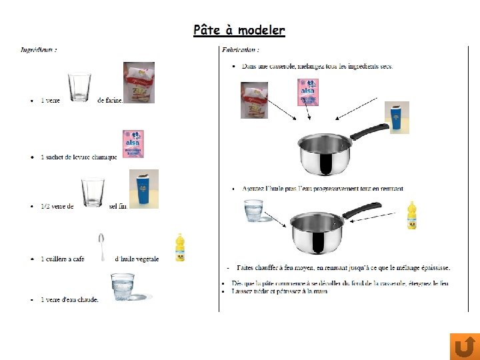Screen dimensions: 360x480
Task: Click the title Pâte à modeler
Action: (x=239, y=31)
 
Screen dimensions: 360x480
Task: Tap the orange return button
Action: (x=465, y=346)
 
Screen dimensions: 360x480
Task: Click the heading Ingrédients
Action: (x=39, y=49)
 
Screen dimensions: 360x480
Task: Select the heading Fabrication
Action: (x=240, y=49)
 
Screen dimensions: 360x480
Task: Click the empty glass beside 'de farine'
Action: (x=79, y=87)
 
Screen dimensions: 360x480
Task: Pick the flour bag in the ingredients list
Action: (x=139, y=82)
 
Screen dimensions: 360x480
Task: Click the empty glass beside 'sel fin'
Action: (x=92, y=193)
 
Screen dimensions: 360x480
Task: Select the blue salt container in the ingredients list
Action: (x=144, y=190)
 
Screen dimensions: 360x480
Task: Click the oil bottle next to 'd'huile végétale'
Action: (x=179, y=247)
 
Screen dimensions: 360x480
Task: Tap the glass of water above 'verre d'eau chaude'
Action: (x=123, y=287)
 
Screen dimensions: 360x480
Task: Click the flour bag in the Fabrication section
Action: (x=254, y=101)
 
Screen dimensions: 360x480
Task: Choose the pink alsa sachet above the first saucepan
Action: (x=307, y=92)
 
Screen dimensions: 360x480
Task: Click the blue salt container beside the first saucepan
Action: (x=398, y=117)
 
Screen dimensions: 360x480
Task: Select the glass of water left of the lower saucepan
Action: (x=254, y=211)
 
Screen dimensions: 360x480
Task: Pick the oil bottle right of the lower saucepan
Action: (x=412, y=215)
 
